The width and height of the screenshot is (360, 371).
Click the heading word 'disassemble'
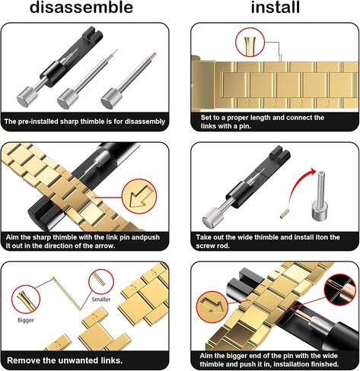pos(81,7)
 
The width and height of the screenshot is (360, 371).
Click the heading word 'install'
pos(276,7)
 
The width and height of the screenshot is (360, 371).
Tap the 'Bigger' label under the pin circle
pos(26,320)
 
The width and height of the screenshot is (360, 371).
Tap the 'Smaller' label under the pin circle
pos(101,300)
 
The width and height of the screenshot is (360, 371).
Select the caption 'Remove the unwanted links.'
pos(65,360)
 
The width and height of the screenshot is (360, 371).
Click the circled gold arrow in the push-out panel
pos(139,196)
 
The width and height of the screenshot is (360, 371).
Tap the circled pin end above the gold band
pos(250,43)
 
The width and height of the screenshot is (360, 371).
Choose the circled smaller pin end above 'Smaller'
pos(101,281)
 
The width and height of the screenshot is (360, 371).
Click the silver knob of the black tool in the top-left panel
pos(27,97)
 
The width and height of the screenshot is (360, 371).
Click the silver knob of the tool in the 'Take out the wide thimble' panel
pos(212,217)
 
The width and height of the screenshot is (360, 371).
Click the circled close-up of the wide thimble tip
pos(340,290)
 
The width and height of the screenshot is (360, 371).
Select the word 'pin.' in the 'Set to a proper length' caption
pos(245,126)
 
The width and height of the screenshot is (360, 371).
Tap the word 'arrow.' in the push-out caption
pos(105,246)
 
